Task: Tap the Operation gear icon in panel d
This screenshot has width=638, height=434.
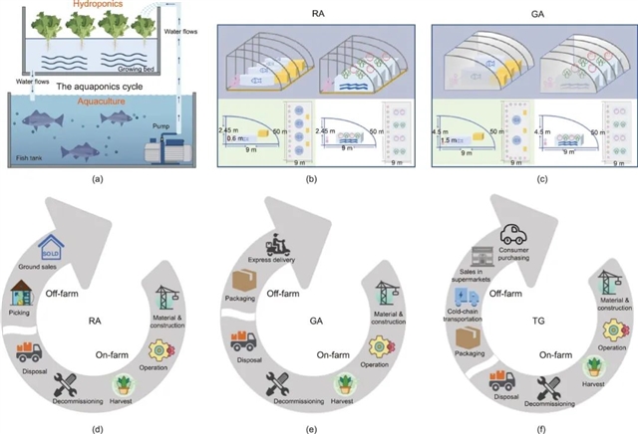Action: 161,351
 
